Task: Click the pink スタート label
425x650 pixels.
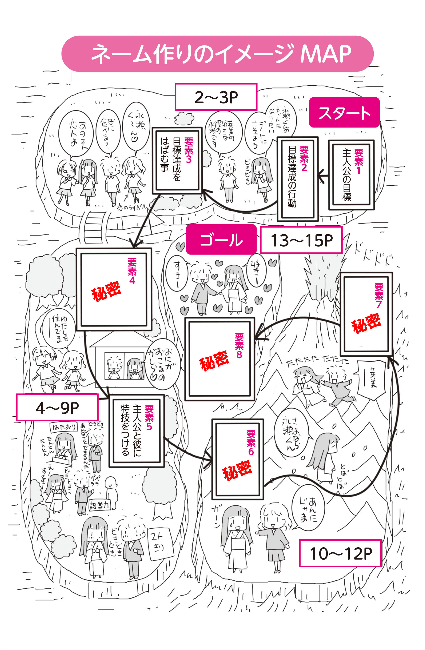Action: coord(344,112)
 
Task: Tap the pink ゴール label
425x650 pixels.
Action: coord(221,239)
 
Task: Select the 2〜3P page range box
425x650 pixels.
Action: coord(216,97)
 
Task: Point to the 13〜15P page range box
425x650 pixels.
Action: coord(301,240)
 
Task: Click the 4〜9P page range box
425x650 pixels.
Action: coord(57,408)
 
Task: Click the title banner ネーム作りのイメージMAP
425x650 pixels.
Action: coord(217,54)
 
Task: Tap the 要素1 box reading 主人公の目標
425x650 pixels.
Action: coord(351,175)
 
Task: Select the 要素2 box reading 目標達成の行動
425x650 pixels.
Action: coord(297,179)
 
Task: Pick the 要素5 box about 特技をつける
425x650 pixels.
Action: coord(136,431)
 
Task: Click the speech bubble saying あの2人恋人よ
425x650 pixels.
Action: coord(76,134)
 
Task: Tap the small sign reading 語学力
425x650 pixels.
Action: coord(99,506)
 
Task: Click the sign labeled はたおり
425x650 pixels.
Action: coord(64,427)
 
